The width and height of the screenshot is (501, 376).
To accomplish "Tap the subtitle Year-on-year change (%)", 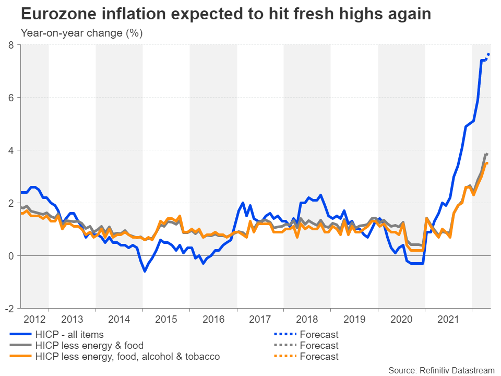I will tap(81, 33).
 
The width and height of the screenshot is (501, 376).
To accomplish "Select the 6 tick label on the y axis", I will tap(11, 98).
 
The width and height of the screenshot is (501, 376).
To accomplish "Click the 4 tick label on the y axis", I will tap(11, 150).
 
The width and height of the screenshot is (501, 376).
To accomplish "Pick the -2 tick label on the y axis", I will tap(9, 308).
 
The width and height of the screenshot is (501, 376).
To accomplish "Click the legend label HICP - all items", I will tap(69, 334).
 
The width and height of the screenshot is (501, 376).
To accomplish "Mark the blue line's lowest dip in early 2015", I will tap(145, 271).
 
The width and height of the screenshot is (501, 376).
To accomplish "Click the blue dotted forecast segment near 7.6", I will tap(487, 56).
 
